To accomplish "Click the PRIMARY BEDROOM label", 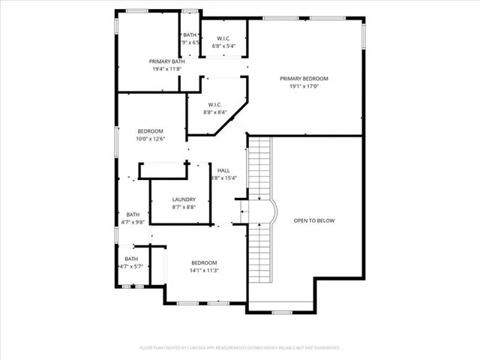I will click(x=304, y=78).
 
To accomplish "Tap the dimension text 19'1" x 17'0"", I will click(x=304, y=85).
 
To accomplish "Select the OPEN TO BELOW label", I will click(x=313, y=220).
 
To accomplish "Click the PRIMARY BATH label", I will click(x=166, y=61).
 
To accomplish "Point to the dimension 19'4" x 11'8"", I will click(x=166, y=69).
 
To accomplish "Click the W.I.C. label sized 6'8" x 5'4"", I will click(x=223, y=38).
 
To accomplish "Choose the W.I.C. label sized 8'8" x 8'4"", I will click(x=214, y=105).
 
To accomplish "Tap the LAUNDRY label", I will click(x=184, y=199).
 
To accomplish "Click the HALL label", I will click(x=223, y=170).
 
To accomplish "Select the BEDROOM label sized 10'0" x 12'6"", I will click(x=150, y=131).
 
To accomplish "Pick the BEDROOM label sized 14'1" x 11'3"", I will click(x=204, y=262).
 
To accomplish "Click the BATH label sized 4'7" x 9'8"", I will click(x=132, y=214).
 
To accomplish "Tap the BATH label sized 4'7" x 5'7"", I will click(x=131, y=259).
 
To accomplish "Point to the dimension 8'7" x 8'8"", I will click(x=184, y=207).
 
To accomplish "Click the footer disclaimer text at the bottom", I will click(x=240, y=348).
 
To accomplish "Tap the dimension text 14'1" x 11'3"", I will click(x=204, y=270).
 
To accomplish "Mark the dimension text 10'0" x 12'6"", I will click(x=150, y=139).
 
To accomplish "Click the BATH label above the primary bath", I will click(x=190, y=34).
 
